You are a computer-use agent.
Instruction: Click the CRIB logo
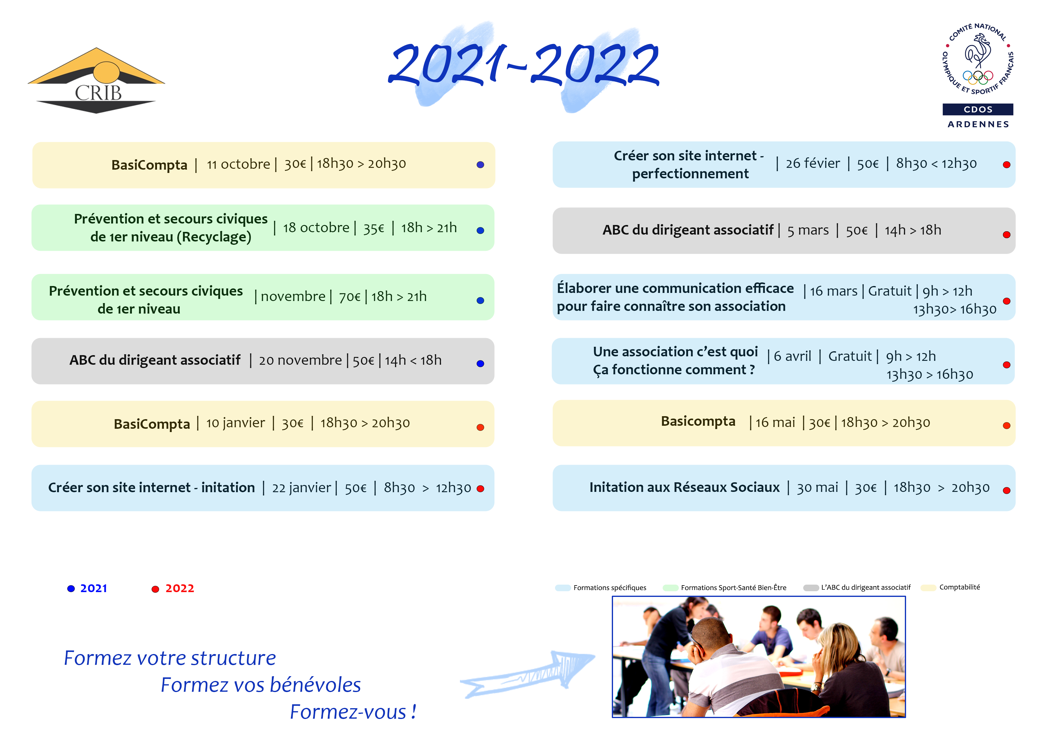coord(96,81)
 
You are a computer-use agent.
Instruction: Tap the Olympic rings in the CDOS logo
coord(978,77)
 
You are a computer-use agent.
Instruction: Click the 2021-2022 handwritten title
coord(524,65)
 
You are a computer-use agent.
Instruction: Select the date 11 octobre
coord(238,164)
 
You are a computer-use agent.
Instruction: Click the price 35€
coord(374,228)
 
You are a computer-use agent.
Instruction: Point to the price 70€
coord(350,297)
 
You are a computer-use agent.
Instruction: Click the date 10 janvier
coord(235,423)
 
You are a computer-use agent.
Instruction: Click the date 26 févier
coord(812,163)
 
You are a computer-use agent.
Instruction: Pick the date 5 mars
coord(808,230)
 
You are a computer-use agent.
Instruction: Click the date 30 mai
coord(817,488)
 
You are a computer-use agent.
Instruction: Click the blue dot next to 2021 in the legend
coord(71,589)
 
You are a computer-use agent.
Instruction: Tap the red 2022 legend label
coord(179,589)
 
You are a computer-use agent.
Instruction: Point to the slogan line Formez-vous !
coord(353,712)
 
